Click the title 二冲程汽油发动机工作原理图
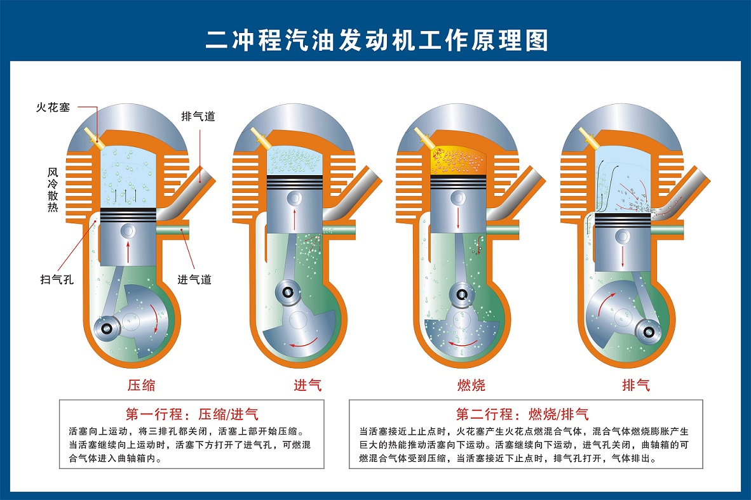pyautogui.click(x=375, y=40)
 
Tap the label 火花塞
pyautogui.click(x=52, y=107)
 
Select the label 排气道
pyautogui.click(x=198, y=116)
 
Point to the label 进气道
pyautogui.click(x=194, y=279)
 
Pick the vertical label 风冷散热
pyautogui.click(x=53, y=189)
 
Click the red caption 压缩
pyautogui.click(x=141, y=385)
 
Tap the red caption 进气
pyautogui.click(x=308, y=385)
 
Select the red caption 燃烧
pyautogui.click(x=471, y=385)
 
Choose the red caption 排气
pyautogui.click(x=635, y=385)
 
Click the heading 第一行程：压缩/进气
pyautogui.click(x=191, y=415)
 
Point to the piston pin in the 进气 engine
pyautogui.click(x=294, y=199)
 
